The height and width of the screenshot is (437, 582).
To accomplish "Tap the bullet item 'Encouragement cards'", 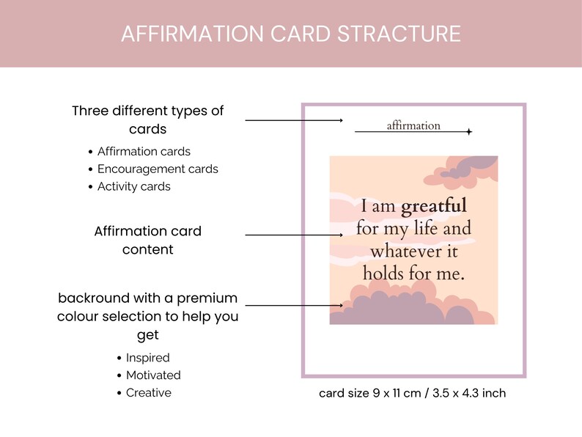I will pyautogui.click(x=158, y=169).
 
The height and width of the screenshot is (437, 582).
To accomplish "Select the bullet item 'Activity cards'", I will pyautogui.click(x=133, y=186).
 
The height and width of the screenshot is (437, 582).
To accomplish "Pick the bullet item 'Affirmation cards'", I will pyautogui.click(x=144, y=152).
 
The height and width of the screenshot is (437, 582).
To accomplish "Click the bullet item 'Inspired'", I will pyautogui.click(x=147, y=358).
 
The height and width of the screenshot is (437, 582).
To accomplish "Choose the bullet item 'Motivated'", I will pyautogui.click(x=153, y=375).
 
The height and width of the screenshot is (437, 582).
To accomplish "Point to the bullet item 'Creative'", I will pyautogui.click(x=148, y=393).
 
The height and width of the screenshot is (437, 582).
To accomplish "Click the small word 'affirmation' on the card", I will pyautogui.click(x=413, y=125).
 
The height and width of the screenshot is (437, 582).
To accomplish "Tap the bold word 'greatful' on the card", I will pyautogui.click(x=433, y=206).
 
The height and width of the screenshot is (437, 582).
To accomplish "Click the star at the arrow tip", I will pyautogui.click(x=469, y=132).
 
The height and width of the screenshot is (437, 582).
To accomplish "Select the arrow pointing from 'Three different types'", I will pyautogui.click(x=293, y=120).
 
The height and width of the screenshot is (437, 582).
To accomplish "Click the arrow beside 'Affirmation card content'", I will pyautogui.click(x=293, y=235).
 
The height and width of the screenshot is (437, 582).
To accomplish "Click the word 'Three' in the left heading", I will pyautogui.click(x=89, y=111).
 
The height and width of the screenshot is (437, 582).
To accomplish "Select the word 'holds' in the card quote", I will pyautogui.click(x=385, y=273).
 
